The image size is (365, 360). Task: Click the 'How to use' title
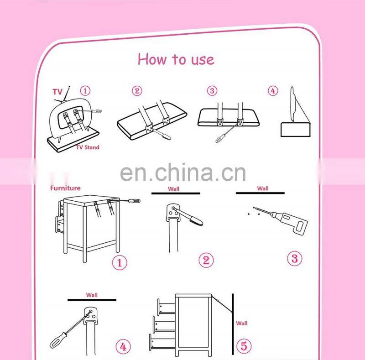coord(176,59)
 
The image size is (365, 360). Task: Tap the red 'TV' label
coord(57,92)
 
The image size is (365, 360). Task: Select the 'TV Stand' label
coord(88,147)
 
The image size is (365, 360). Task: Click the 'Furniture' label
coord(65,188)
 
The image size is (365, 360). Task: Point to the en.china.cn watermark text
coord(183,172)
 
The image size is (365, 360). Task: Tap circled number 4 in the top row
coord(273,91)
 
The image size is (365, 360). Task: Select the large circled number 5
coord(244,345)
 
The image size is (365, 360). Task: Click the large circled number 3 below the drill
coord(294,258)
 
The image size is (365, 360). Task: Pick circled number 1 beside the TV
coord(85,91)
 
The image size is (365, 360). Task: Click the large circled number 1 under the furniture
coord(120,263)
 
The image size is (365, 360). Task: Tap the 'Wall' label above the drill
coord(263,188)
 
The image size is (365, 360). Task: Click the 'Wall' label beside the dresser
coord(242,323)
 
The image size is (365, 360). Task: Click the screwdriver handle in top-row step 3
coord(220,138)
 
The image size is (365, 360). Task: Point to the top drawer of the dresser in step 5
coord(166,307)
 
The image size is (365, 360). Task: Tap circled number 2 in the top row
coord(137,91)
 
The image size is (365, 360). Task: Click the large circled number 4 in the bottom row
coord(123,347)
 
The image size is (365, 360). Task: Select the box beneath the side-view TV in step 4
coord(295,130)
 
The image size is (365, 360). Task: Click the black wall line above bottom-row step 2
coord(176,193)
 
